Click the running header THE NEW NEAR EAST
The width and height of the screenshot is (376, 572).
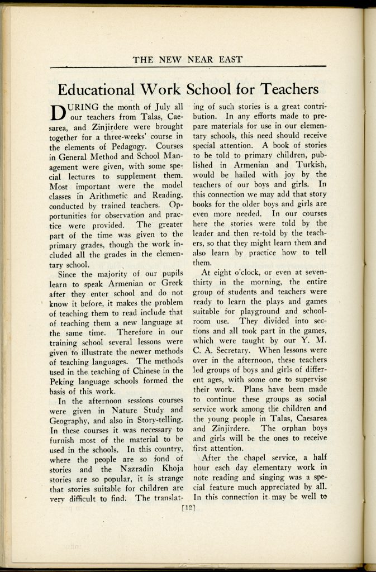coord(188,60)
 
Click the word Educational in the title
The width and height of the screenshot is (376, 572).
coord(96,89)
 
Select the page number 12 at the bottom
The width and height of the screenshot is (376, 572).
coord(188,507)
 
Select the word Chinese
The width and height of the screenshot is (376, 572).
coord(150,371)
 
